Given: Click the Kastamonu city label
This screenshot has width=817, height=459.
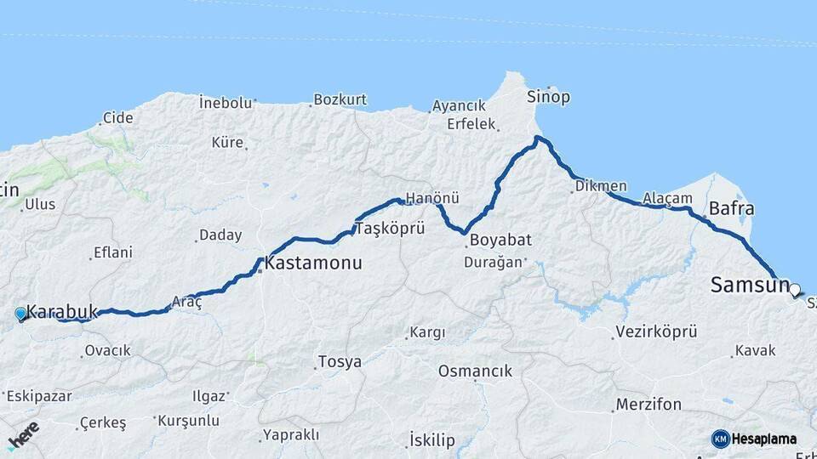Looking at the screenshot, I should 313,263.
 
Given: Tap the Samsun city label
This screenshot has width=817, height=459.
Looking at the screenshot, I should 750,286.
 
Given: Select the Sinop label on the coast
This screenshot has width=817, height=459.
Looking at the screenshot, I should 548,96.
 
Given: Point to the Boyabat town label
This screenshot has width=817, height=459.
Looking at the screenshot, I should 493,241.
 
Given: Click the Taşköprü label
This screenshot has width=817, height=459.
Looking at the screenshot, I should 382,229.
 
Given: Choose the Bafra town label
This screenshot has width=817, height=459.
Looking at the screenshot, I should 731,208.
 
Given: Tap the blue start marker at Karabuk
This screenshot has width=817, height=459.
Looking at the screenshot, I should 21,314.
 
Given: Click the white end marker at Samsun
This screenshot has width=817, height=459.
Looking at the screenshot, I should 795,291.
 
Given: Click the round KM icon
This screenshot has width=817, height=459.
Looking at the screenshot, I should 721,439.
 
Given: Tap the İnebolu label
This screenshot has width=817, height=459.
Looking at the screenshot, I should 226,103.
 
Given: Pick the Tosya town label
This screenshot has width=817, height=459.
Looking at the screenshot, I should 339,362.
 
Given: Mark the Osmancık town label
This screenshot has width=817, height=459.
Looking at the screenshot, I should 475,371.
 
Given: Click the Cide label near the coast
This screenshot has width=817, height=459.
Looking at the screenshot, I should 117,118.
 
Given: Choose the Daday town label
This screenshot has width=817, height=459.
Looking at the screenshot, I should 220,235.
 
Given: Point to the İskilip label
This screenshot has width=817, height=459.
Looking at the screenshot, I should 431,439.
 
